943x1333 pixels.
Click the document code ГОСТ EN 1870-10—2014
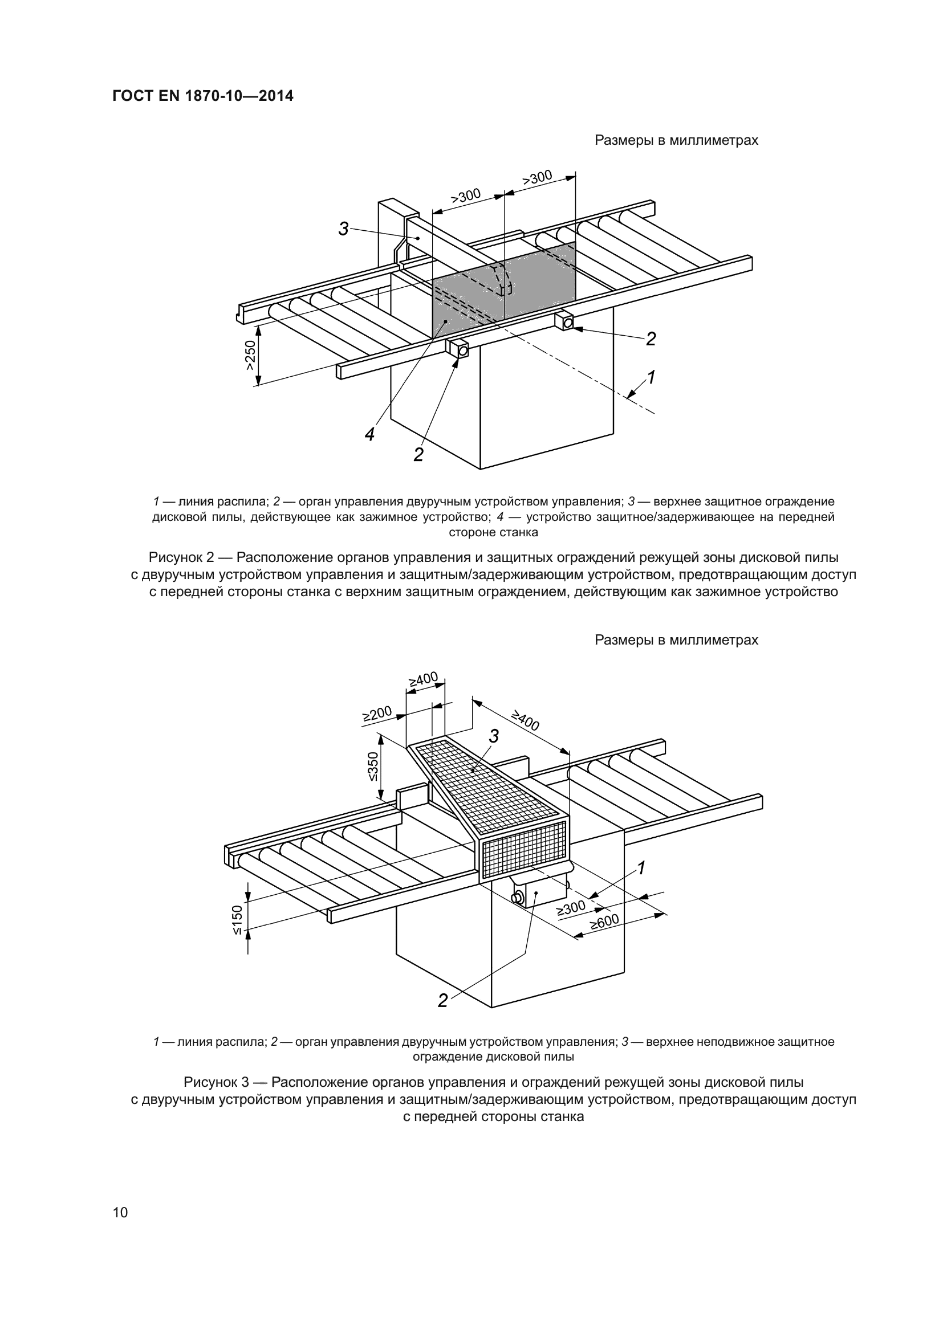202,96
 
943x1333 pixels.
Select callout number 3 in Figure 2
344,229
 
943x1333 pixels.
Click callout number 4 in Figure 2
370,434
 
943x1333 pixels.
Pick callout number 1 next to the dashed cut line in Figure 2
651,377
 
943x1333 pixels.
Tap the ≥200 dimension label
377,714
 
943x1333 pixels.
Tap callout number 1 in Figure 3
641,869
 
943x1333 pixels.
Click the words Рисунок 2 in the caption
182,558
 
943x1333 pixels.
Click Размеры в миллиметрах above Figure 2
676,141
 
